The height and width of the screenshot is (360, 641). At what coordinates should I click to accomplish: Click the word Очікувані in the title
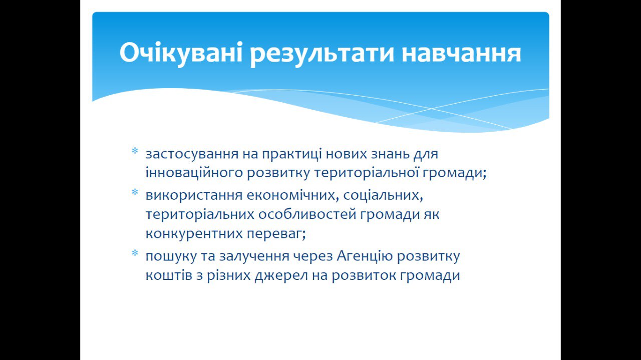click(181, 53)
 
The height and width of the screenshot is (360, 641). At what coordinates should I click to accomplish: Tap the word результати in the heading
click(322, 55)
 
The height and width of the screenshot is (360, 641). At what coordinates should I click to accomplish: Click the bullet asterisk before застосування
click(135, 151)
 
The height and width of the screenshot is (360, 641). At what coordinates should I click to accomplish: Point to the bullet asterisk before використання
click(135, 192)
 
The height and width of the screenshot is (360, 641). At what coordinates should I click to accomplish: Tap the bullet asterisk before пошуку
click(135, 253)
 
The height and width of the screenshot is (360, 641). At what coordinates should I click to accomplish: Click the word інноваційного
click(194, 173)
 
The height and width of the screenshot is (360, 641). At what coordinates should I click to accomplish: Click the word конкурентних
click(194, 234)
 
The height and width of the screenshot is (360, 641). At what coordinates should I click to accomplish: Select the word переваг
click(276, 234)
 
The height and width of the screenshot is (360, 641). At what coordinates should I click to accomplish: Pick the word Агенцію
click(365, 256)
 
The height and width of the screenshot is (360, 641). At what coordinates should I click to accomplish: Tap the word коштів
click(169, 275)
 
